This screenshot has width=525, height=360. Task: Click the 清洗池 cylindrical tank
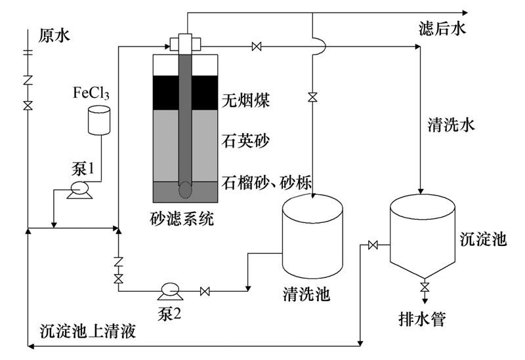pyautogui.click(x=312, y=236)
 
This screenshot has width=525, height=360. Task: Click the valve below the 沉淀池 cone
pyautogui.click(x=424, y=287)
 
